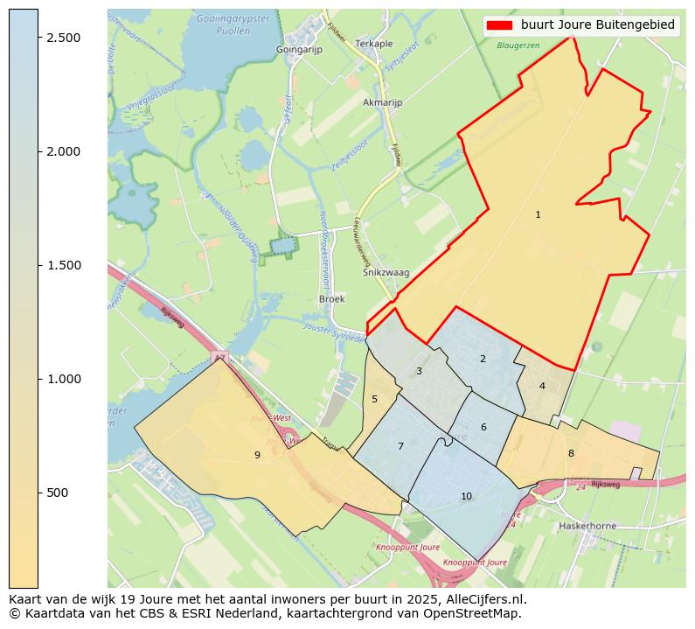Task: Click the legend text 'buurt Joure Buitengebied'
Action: coord(597,25)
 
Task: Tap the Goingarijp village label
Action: coord(299,50)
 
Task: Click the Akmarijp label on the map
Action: coord(382,102)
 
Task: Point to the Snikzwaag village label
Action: coord(386,273)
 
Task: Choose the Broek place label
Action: coord(332,298)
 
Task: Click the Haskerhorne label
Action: coord(587,527)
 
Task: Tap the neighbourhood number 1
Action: coord(538,214)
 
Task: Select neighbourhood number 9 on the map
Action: coord(257,455)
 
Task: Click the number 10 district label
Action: coord(466,496)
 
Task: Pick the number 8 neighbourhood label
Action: coord(571,453)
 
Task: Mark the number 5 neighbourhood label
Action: coord(374,399)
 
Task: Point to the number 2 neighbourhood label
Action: coord(483,359)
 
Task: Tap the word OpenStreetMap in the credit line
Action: coord(476,613)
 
